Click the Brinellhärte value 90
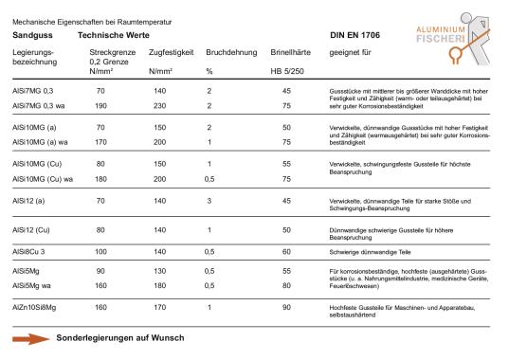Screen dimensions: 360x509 (285, 309)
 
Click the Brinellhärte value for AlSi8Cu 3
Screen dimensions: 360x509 (285, 252)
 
